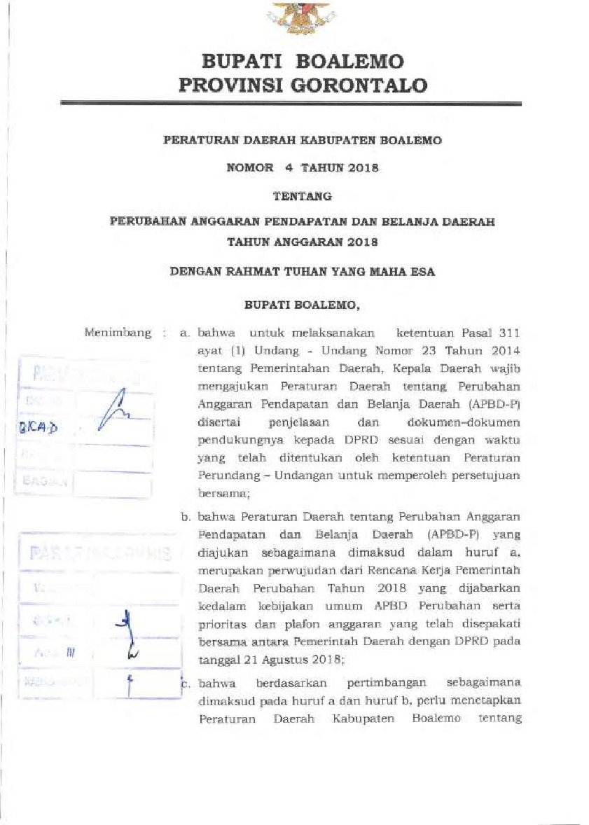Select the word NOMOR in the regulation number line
click(x=249, y=168)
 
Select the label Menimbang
click(x=118, y=333)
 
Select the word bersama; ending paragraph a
click(x=219, y=492)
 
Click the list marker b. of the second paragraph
click(x=186, y=518)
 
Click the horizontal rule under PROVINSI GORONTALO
click(x=291, y=104)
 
